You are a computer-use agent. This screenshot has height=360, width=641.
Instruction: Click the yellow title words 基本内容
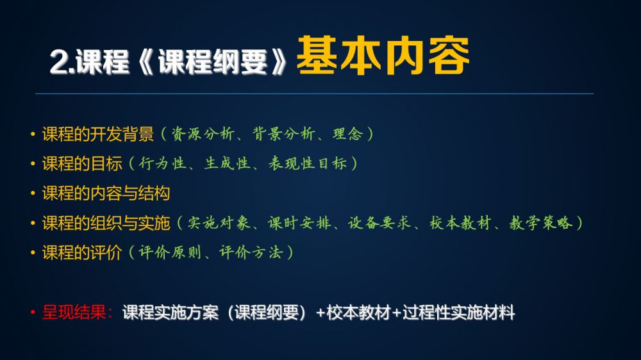[383, 56]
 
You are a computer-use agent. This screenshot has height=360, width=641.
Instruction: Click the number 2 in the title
[58, 62]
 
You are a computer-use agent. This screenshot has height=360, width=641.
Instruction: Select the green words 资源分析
[203, 134]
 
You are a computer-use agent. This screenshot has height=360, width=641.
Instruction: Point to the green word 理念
[348, 134]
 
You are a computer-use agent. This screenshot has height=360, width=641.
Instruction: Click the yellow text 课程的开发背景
[97, 134]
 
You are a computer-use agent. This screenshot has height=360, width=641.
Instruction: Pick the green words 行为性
[162, 163]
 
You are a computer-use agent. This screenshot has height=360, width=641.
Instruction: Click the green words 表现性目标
[308, 163]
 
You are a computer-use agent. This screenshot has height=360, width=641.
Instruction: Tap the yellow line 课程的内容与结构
[106, 193]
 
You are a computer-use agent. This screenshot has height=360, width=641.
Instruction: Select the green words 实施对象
[219, 223]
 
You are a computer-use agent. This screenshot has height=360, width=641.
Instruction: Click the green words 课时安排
[299, 223]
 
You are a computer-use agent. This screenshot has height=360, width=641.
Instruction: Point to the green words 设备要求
[379, 223]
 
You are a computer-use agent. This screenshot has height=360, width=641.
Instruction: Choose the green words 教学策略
[540, 223]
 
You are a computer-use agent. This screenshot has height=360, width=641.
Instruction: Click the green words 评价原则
[170, 252]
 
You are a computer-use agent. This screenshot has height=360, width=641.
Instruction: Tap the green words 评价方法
[251, 252]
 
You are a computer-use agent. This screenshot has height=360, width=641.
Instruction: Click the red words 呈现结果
[74, 313]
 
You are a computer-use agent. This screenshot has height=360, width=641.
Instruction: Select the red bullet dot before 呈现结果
[33, 313]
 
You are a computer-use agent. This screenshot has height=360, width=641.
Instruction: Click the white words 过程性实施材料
[459, 313]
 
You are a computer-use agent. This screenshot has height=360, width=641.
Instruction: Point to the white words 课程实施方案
[170, 313]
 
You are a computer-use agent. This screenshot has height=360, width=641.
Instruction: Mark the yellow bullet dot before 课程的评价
[33, 253]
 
